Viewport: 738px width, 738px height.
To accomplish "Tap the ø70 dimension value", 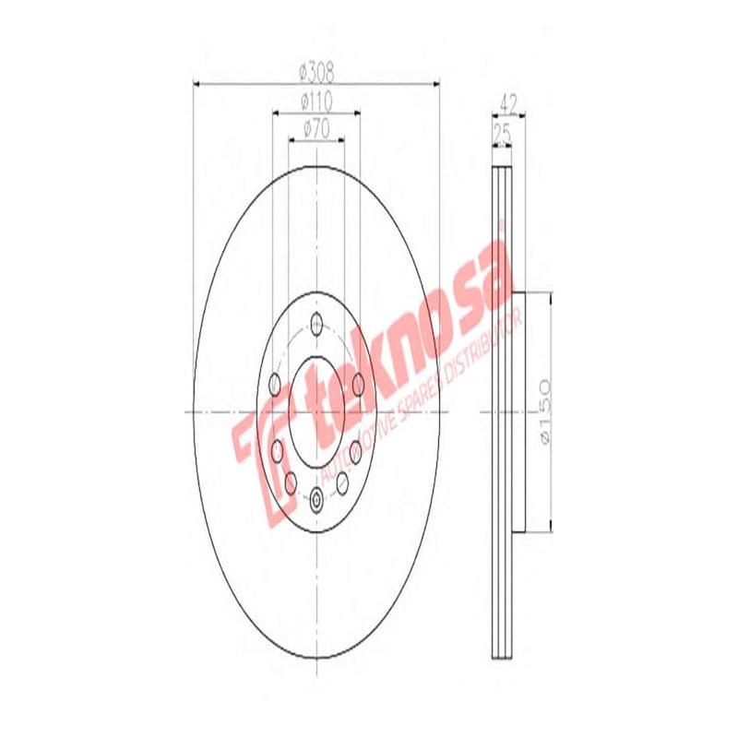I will (x=316, y=130).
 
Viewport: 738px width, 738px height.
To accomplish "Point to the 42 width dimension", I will (x=506, y=101).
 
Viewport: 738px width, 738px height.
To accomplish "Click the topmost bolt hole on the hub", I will (x=317, y=324).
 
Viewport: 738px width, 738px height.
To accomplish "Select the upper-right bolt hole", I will (x=356, y=382).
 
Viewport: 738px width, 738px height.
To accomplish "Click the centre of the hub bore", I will (x=317, y=411).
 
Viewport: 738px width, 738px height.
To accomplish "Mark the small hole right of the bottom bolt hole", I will (x=343, y=481).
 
